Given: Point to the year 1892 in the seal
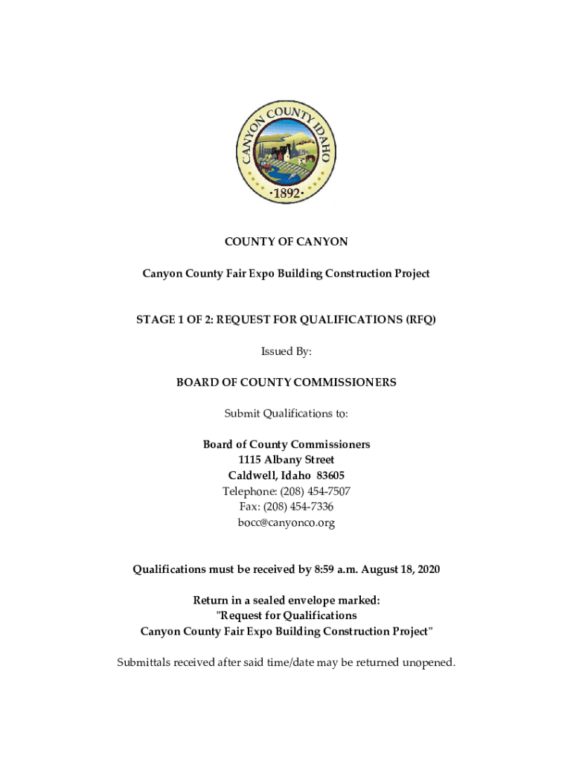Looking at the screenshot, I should (x=286, y=193).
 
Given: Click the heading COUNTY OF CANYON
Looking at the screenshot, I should (x=286, y=242).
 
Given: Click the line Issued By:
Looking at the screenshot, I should (x=286, y=351).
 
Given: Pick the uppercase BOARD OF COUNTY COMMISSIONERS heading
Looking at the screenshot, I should (x=286, y=382).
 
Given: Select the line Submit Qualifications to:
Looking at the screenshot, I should (x=286, y=413).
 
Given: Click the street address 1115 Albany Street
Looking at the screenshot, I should (x=286, y=460).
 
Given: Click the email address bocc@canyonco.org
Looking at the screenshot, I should (x=286, y=522).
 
